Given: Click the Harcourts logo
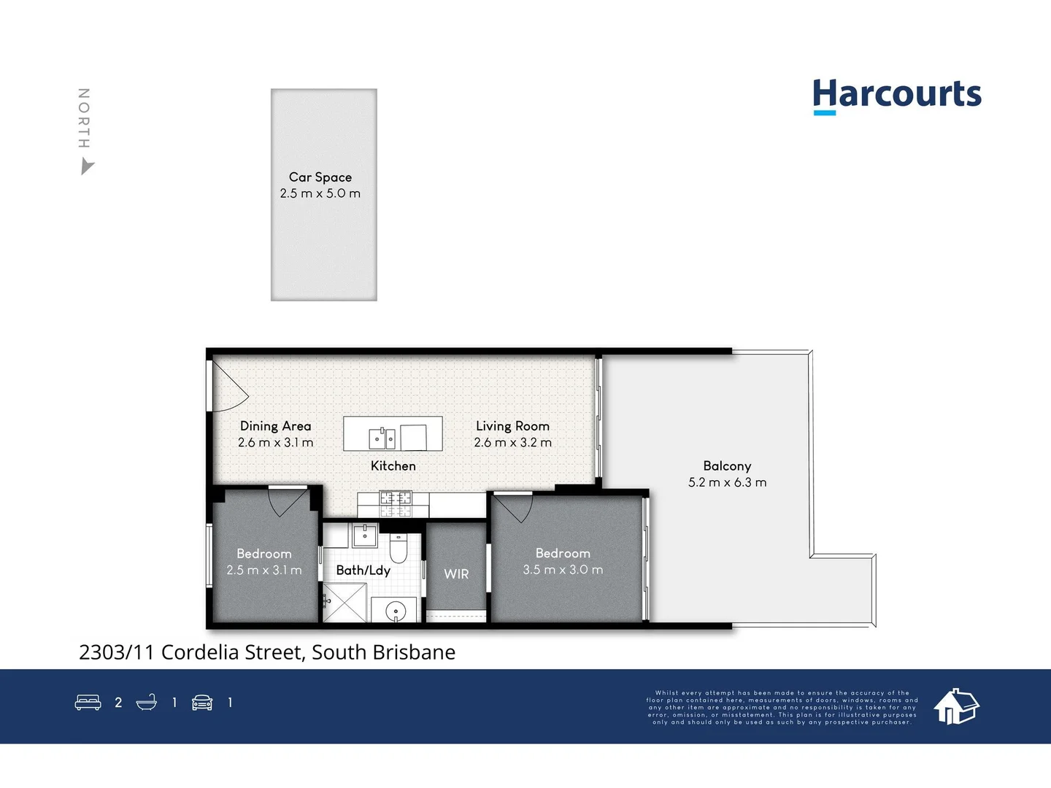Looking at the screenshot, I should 897,96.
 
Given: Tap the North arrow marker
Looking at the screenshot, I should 87,168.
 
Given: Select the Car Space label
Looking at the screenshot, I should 320,177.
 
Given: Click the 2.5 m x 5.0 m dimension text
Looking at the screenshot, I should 320,193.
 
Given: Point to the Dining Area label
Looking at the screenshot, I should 275,426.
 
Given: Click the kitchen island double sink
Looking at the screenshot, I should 381,438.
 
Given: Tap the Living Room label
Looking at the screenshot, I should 512,426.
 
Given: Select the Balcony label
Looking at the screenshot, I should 727,466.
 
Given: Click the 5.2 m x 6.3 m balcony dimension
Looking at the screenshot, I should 727,482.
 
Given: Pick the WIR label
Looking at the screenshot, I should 456,574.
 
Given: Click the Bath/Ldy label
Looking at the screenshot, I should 363,571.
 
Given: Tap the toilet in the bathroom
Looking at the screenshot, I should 398,546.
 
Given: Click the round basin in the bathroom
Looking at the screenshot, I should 396,611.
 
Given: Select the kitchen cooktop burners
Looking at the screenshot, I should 395,504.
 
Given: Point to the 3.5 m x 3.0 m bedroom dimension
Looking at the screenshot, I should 563,570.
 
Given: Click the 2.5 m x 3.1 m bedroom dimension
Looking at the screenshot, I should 263,571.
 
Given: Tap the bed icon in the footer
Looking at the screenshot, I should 88,703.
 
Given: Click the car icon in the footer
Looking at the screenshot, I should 202,703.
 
